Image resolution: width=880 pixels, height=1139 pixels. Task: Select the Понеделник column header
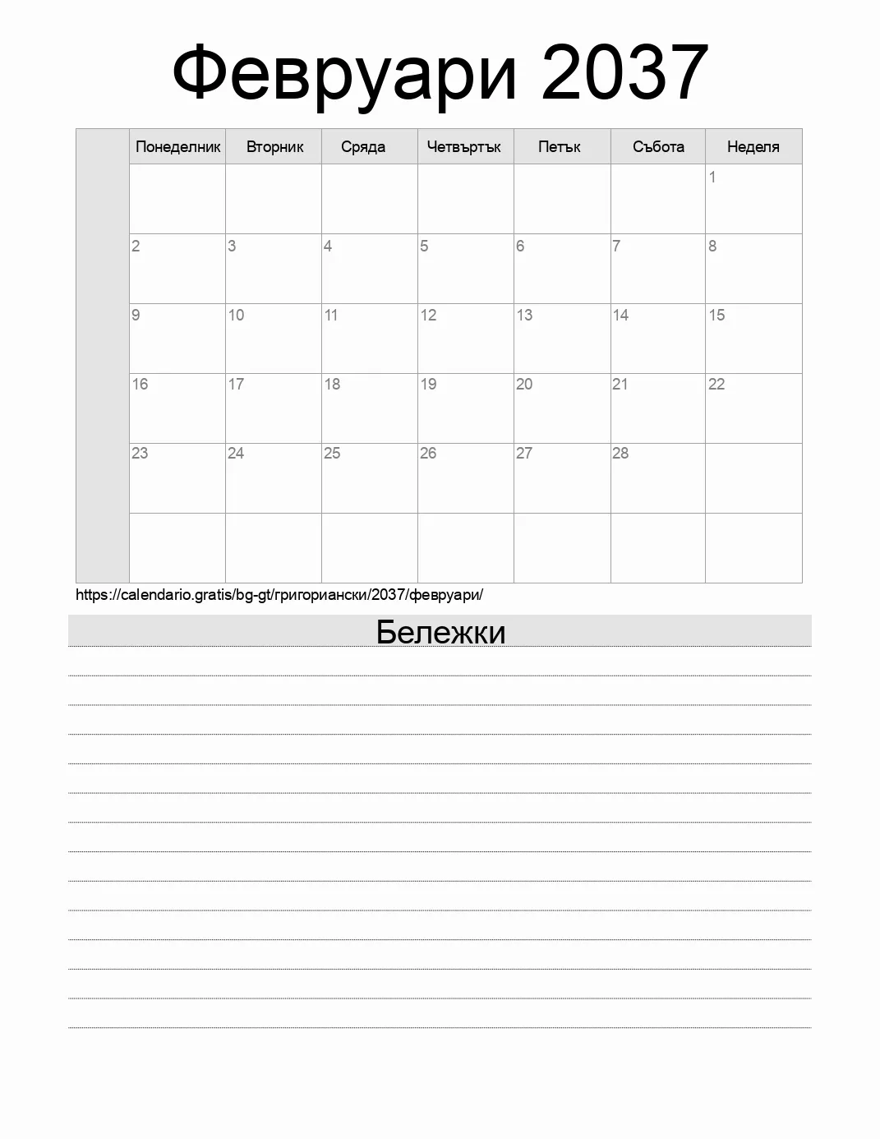(177, 147)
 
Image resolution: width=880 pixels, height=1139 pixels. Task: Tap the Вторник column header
(274, 147)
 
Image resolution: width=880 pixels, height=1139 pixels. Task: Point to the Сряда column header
(363, 147)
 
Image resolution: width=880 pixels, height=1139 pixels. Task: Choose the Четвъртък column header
(464, 147)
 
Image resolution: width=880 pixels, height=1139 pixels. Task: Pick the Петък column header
(560, 147)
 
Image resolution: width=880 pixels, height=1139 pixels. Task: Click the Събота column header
(658, 147)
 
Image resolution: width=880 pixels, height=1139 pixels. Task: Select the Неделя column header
(753, 147)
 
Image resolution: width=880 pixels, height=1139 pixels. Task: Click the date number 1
(712, 177)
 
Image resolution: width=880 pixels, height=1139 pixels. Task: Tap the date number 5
(424, 246)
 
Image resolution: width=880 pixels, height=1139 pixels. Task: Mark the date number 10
(236, 315)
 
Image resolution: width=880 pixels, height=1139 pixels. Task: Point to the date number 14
(620, 315)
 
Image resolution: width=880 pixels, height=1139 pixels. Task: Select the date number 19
(428, 384)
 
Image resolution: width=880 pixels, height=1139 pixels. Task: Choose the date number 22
(716, 384)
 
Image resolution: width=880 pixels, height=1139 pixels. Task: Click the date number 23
(140, 453)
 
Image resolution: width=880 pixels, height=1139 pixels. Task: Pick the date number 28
(620, 453)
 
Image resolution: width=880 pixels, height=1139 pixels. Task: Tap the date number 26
(428, 453)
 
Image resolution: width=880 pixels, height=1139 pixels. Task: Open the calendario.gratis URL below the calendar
(279, 595)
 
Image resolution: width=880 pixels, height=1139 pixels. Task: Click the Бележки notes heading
(440, 632)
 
